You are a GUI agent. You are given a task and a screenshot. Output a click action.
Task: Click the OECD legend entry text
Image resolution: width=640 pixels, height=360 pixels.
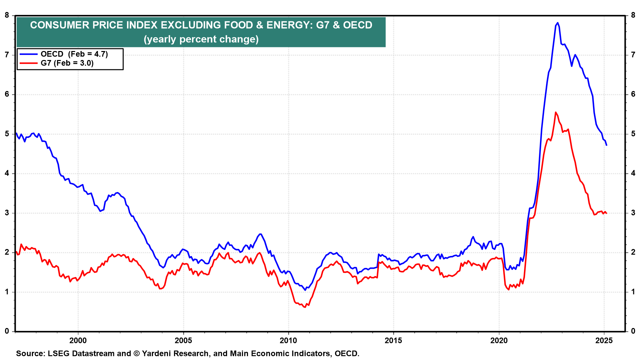pyautogui.click(x=74, y=54)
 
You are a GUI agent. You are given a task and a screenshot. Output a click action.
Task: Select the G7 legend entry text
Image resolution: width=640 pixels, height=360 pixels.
pyautogui.click(x=67, y=63)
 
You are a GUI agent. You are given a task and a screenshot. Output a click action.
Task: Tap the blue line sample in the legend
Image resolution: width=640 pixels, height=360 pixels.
pyautogui.click(x=29, y=54)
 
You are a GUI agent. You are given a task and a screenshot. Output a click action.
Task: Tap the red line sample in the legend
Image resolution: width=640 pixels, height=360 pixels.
pyautogui.click(x=29, y=63)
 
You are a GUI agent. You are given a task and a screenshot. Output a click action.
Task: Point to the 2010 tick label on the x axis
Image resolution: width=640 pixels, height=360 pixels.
pyautogui.click(x=288, y=340)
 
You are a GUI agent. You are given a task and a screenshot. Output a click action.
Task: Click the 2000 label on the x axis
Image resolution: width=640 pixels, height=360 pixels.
pyautogui.click(x=78, y=340)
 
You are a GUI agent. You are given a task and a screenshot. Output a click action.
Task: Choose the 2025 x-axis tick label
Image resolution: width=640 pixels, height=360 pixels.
pyautogui.click(x=604, y=340)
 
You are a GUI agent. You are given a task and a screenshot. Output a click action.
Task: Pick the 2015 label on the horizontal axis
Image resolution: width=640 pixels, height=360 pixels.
pyautogui.click(x=393, y=340)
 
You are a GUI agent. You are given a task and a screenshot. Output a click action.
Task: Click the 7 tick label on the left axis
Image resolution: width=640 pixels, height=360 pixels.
pyautogui.click(x=7, y=55)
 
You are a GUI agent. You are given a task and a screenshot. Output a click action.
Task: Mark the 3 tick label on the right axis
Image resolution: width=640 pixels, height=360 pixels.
pyautogui.click(x=633, y=213)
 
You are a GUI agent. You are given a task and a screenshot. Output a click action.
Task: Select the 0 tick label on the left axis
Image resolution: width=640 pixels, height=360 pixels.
pyautogui.click(x=7, y=331)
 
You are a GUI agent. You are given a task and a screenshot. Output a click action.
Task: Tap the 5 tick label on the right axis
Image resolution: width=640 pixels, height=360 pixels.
pyautogui.click(x=633, y=134)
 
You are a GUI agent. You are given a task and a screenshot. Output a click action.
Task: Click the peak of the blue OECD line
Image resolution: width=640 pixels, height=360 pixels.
pyautogui.click(x=558, y=23)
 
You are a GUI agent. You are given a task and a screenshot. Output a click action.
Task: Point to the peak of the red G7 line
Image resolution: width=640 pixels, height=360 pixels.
pyautogui.click(x=555, y=112)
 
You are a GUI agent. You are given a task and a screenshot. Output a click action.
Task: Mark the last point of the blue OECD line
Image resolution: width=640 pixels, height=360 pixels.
pyautogui.click(x=606, y=145)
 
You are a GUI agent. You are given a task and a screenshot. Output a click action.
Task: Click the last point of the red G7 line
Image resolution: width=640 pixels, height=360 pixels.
pyautogui.click(x=606, y=213)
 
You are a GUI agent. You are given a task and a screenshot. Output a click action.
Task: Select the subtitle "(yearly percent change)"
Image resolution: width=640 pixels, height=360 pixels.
pyautogui.click(x=201, y=39)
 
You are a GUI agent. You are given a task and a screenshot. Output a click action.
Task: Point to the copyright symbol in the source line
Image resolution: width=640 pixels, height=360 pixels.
pyautogui.click(x=136, y=353)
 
